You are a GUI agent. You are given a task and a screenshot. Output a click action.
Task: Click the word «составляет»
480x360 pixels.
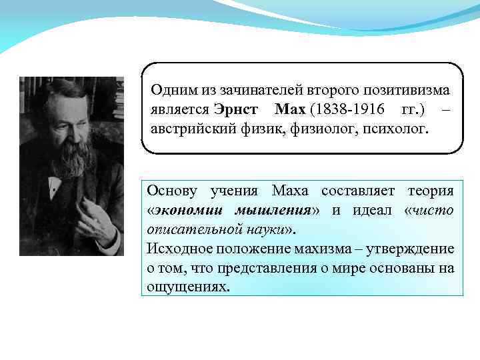coord(358,191)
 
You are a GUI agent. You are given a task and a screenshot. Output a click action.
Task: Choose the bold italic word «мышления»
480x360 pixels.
coord(273,211)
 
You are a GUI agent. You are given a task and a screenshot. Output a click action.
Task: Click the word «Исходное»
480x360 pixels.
coord(175,249)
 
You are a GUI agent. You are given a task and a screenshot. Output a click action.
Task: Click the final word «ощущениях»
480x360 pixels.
coord(188,287)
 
